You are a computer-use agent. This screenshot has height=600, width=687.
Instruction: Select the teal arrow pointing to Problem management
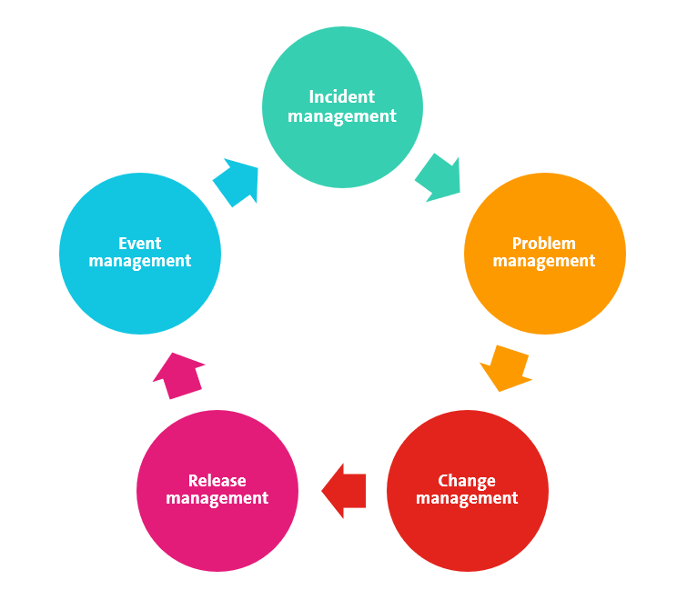click(x=439, y=177)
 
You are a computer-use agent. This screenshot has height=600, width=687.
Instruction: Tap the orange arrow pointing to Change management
click(x=506, y=367)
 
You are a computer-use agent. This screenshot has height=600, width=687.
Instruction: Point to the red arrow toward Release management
click(x=345, y=491)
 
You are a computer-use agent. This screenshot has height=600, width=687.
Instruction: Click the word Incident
click(x=342, y=97)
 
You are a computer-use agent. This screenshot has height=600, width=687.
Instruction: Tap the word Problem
click(x=544, y=244)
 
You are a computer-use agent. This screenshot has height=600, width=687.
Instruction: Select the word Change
click(x=467, y=481)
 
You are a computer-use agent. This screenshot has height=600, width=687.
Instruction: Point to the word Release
click(x=217, y=481)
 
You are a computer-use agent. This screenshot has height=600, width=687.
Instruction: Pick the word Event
click(x=139, y=244)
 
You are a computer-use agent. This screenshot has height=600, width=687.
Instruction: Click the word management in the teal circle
click(x=342, y=116)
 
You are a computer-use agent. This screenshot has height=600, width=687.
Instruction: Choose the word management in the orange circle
click(x=544, y=262)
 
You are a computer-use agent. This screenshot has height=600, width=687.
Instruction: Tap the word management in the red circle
click(x=467, y=499)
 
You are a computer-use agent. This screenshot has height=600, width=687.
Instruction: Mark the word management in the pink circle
click(x=217, y=499)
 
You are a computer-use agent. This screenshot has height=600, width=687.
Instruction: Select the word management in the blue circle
click(x=139, y=262)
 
